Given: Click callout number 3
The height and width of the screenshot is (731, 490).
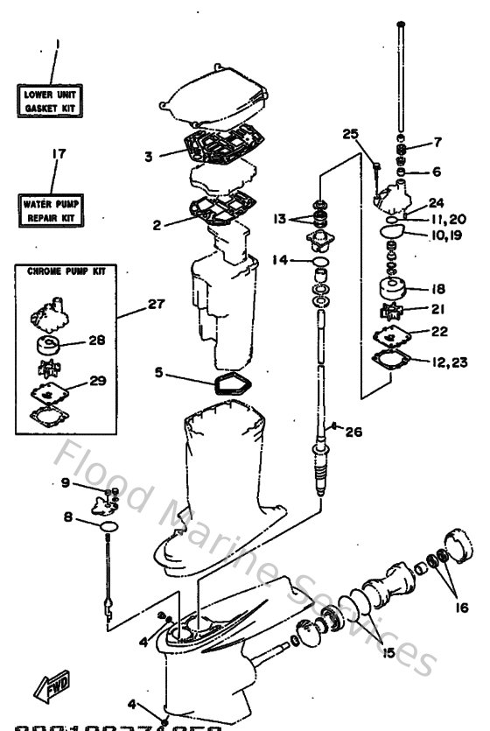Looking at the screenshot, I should point(149,157).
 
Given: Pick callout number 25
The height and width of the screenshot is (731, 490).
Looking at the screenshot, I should point(349,134).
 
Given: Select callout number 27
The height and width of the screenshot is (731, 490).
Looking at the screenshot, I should point(156,304).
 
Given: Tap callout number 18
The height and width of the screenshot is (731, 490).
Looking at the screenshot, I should point(437,287).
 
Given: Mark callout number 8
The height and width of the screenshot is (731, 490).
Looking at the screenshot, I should point(68,517).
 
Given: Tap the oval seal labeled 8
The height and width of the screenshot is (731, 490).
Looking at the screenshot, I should point(109,525).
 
